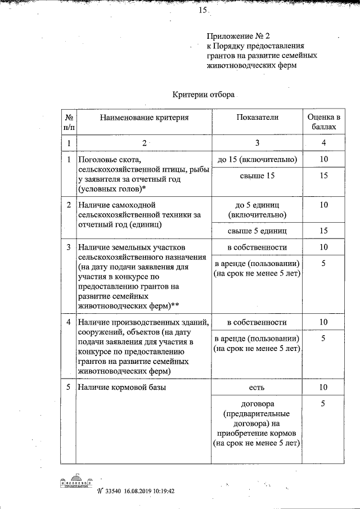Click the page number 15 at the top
[x=202, y=10]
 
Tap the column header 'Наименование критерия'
[x=145, y=117]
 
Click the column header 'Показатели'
[x=257, y=117]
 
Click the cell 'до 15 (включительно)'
[x=257, y=160]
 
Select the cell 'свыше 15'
[x=257, y=177]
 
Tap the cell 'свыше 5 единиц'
[x=257, y=230]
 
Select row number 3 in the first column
[x=68, y=247]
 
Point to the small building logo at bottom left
[x=75, y=484]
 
